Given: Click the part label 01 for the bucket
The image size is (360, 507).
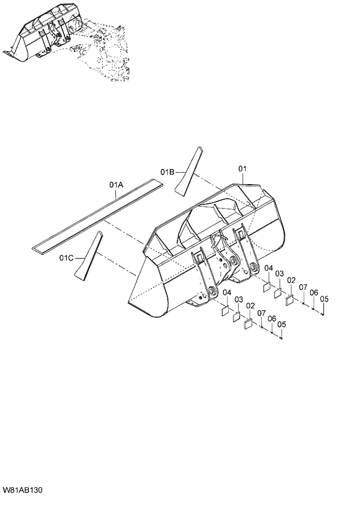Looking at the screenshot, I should point(242,168).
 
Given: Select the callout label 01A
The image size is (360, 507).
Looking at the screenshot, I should point(117,185).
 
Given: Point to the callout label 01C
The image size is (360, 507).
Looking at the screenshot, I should point(66,257).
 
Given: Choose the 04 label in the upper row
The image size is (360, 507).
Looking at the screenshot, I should point(269,268).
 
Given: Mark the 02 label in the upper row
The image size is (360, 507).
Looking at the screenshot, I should point(291,281).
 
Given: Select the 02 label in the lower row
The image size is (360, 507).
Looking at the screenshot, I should point(250,305).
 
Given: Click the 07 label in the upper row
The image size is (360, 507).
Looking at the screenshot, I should point(303,287).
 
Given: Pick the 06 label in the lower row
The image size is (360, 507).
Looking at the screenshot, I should point(271,318).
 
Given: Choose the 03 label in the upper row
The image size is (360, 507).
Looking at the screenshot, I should point(279,274).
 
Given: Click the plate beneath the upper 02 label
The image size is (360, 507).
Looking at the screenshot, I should point(290,299).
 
